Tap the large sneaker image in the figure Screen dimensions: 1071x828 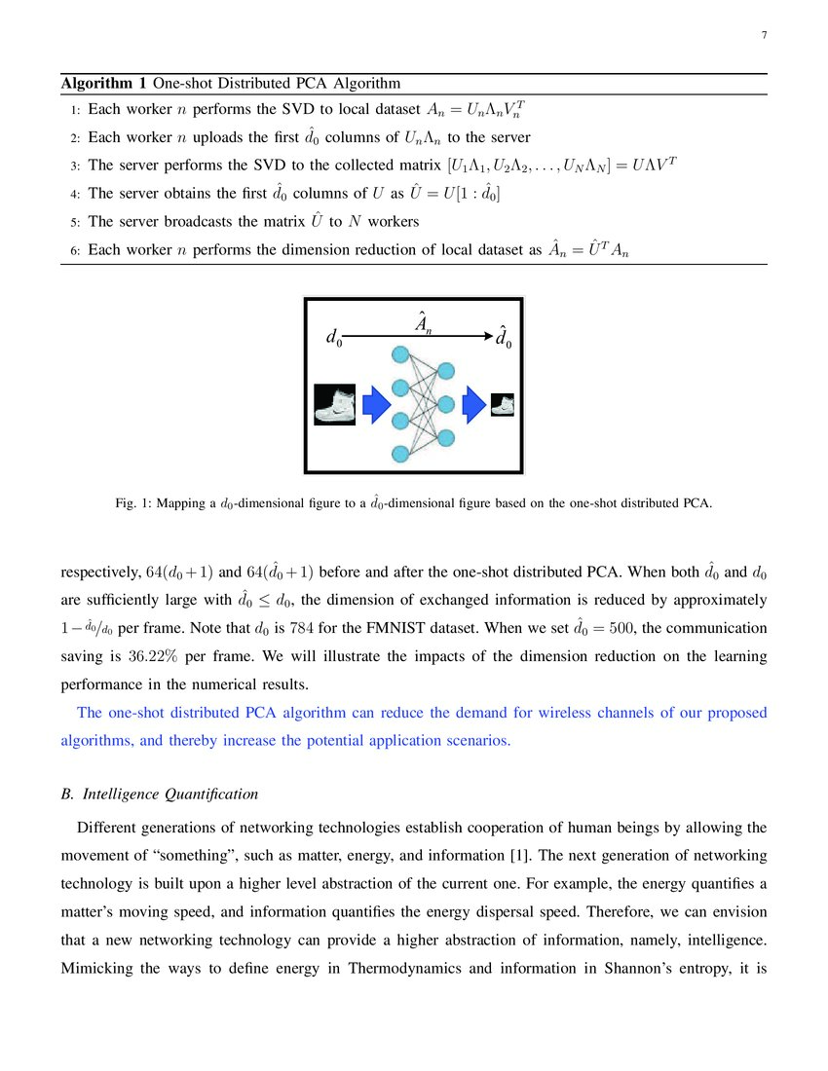334,404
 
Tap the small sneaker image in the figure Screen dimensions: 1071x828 503,404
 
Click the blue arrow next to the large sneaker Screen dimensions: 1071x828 376,404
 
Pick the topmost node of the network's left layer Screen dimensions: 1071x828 399,355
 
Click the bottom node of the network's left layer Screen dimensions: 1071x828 399,453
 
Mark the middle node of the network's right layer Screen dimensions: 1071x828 446,404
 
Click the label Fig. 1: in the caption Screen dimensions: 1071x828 131,503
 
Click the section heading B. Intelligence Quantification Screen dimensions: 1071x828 160,794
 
